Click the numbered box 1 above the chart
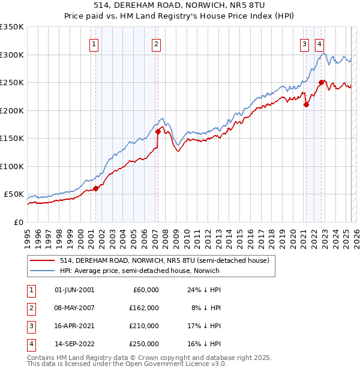pyautogui.click(x=95, y=43)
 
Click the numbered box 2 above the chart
pyautogui.click(x=156, y=43)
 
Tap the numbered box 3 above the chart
pyautogui.click(x=305, y=43)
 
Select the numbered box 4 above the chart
pyautogui.click(x=320, y=43)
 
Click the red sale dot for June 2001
pyautogui.click(x=96, y=188)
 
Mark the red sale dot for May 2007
pyautogui.click(x=158, y=131)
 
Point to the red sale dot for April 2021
pyautogui.click(x=306, y=104)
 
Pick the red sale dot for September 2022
pyautogui.click(x=321, y=82)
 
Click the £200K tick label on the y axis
pyautogui.click(x=12, y=110)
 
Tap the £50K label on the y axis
pyautogui.click(x=14, y=194)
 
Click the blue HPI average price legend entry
pyautogui.click(x=139, y=271)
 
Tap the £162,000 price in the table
pyautogui.click(x=144, y=308)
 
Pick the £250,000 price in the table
pyautogui.click(x=144, y=344)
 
